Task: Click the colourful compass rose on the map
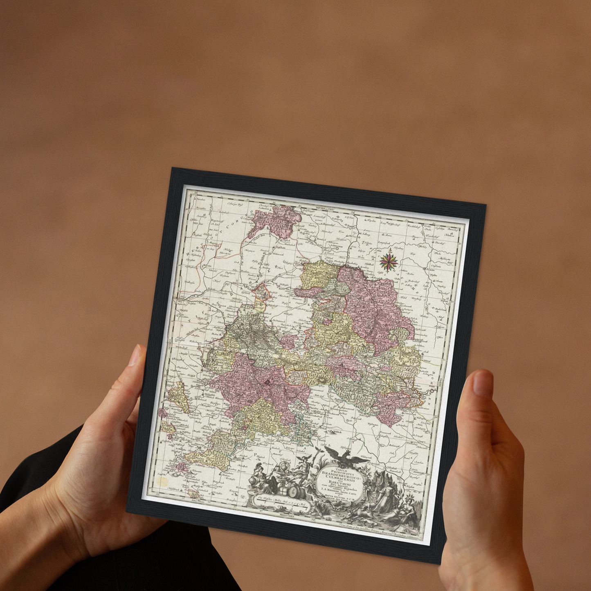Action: (389, 262)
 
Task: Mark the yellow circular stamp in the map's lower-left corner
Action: (162, 482)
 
